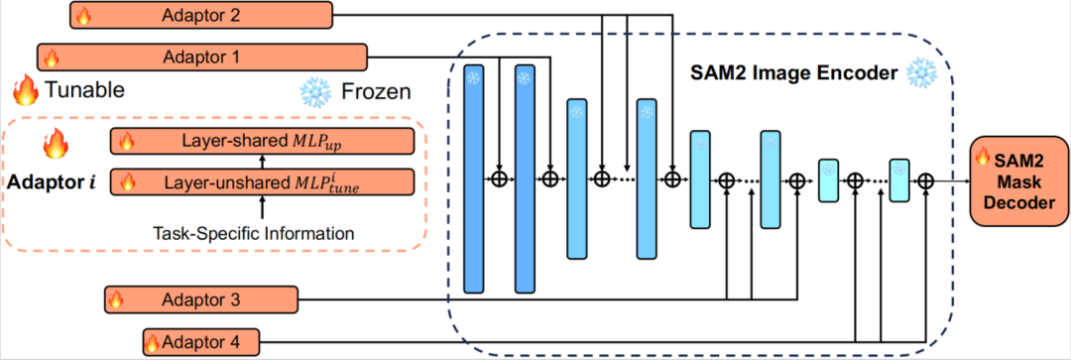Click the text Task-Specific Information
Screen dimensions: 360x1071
[x=261, y=234]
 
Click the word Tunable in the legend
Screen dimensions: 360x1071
[x=84, y=91]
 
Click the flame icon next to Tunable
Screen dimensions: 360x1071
[x=25, y=90]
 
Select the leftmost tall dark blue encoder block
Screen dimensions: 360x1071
[x=474, y=180]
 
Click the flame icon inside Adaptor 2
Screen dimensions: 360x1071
[x=83, y=16]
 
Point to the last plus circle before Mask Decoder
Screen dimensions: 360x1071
[x=925, y=180]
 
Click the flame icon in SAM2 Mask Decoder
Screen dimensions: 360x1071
[x=984, y=156]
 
